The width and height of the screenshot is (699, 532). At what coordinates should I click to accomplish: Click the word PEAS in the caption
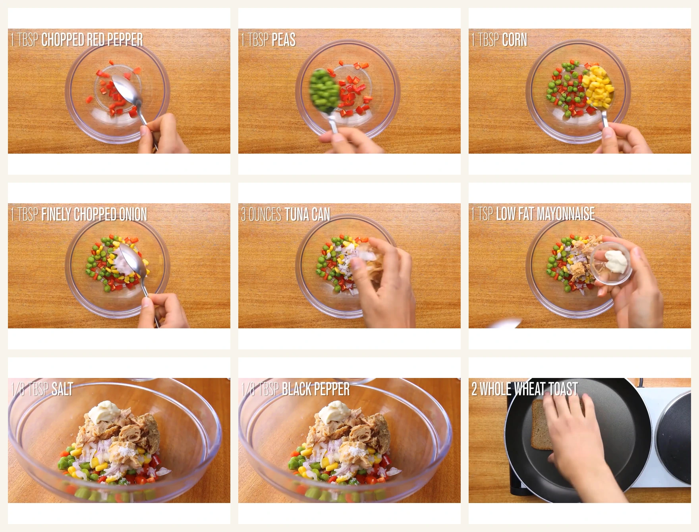(284, 40)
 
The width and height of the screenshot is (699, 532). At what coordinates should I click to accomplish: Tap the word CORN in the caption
(514, 40)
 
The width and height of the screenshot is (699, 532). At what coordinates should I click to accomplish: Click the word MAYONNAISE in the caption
(566, 214)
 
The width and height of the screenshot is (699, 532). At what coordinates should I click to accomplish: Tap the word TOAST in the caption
(563, 389)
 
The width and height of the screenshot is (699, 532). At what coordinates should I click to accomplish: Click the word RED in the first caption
(95, 40)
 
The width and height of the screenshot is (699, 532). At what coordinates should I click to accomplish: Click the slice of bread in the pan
(542, 424)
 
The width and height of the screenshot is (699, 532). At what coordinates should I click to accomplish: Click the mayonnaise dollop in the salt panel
(102, 412)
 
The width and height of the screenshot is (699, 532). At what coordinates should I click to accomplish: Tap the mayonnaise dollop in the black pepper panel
(332, 412)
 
